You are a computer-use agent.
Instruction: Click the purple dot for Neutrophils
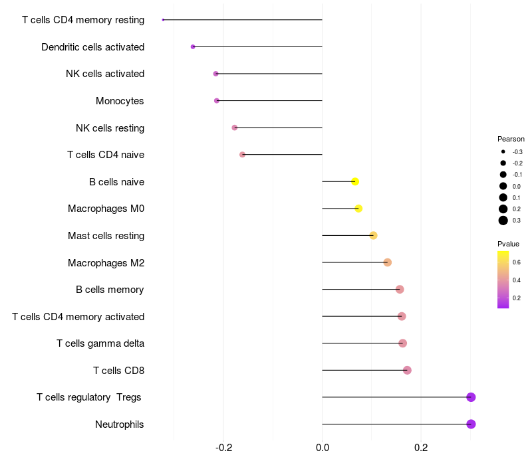click(471, 424)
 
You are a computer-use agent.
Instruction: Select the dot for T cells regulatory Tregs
click(471, 397)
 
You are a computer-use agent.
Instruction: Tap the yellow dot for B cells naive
click(355, 181)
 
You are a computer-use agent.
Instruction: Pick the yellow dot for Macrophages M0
click(358, 209)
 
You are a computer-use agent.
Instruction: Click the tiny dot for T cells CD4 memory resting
click(163, 20)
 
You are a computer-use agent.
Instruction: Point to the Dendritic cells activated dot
click(193, 46)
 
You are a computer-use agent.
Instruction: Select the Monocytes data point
click(217, 101)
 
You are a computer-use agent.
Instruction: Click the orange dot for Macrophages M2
click(388, 262)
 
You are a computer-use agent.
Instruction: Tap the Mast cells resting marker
click(373, 235)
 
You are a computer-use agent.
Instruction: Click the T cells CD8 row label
click(119, 371)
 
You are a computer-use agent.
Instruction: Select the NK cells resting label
click(110, 128)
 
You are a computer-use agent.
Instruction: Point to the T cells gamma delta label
click(100, 343)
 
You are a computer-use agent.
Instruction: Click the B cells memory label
click(110, 290)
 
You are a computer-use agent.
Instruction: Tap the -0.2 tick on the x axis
click(224, 448)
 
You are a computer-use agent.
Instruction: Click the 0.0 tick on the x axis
click(323, 448)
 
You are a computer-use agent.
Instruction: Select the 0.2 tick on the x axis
click(421, 448)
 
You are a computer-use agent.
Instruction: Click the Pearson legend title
click(511, 139)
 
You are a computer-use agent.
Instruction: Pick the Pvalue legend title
click(508, 244)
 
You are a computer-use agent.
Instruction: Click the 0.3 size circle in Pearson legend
click(503, 221)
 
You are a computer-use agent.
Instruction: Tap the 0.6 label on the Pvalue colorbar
click(517, 262)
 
